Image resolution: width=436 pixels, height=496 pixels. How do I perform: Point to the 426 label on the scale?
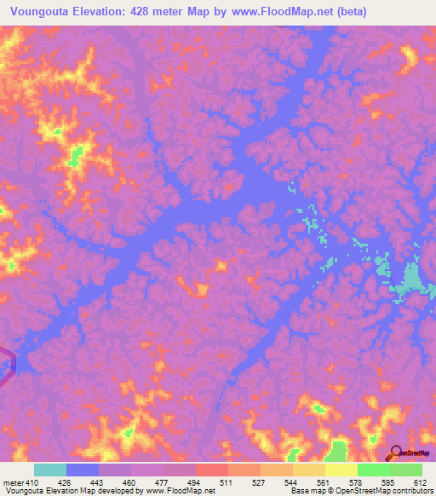66,482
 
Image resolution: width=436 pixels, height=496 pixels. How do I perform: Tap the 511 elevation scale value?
227,482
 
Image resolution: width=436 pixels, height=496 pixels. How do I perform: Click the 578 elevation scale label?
358,482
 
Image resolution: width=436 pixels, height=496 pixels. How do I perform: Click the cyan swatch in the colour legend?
49,470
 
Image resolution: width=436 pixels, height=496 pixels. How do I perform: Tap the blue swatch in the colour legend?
82,470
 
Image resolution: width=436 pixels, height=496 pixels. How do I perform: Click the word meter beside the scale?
12,482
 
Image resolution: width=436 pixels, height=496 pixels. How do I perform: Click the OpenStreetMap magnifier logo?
395,453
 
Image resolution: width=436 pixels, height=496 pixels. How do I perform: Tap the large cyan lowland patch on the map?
413,279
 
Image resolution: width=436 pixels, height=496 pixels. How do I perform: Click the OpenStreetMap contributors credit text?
382,491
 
